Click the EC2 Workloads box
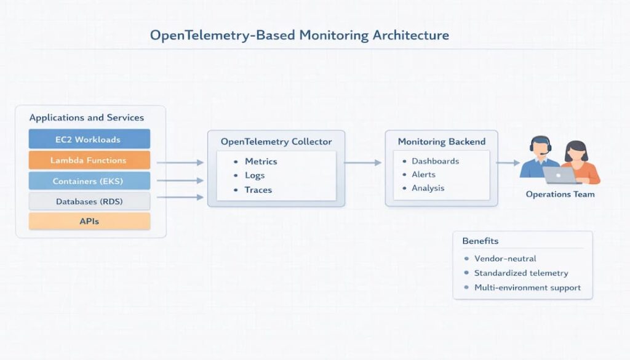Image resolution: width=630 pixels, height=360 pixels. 89,139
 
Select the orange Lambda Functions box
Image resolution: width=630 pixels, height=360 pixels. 89,160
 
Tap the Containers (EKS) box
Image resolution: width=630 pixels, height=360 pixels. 89,180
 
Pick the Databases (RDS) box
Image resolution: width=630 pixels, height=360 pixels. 89,201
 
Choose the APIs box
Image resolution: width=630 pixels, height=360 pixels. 89,222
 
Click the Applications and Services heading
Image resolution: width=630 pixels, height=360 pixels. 87,118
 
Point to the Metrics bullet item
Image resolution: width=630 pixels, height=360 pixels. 261,161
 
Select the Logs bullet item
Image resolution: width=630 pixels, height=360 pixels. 255,175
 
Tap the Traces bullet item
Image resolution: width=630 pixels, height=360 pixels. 258,190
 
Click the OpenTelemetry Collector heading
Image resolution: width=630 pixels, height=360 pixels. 276,142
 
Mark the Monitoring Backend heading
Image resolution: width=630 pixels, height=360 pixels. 441,142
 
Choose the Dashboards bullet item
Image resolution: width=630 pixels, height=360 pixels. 435,161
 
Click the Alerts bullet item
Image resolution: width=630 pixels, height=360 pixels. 423,175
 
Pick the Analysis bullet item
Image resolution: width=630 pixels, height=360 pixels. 428,188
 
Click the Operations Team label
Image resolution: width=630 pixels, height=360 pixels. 560,194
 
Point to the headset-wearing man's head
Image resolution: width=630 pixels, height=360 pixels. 540,146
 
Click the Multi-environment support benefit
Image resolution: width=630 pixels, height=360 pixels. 527,287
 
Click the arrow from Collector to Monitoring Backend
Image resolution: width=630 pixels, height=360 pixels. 363,162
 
